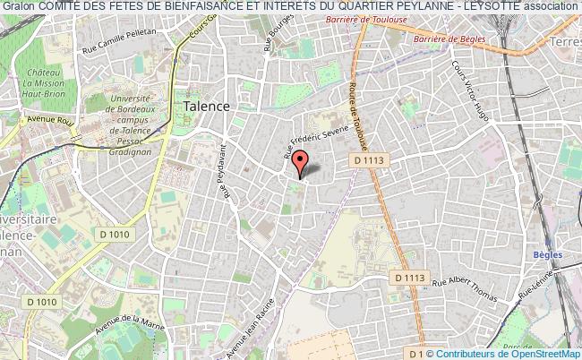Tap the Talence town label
coord(206,105)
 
